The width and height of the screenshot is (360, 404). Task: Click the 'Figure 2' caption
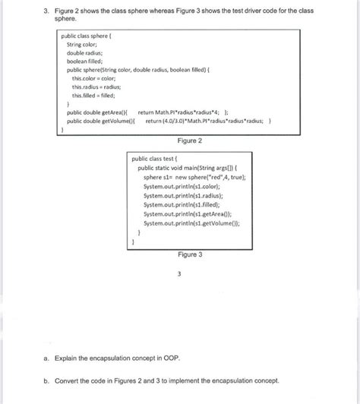[x=186, y=141]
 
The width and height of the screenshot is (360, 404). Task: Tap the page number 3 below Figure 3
[x=178, y=273]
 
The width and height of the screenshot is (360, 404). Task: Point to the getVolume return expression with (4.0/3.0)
[x=207, y=120]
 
